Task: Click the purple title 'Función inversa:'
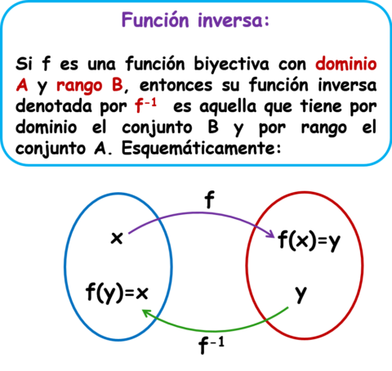tap(195, 20)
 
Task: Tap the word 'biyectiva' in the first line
tap(231, 65)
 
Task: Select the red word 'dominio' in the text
tap(346, 64)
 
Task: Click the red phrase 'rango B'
tap(90, 85)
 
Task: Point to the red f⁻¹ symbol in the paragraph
tap(146, 105)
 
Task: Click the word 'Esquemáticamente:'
tap(201, 149)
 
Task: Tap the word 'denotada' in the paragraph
tap(54, 106)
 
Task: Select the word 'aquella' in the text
tap(228, 107)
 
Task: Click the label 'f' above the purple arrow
tap(209, 199)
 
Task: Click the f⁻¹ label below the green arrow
tap(212, 345)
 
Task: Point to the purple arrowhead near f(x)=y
tap(270, 234)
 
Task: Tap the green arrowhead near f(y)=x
tap(146, 313)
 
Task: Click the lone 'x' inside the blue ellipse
tap(117, 238)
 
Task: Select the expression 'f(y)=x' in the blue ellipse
tap(117, 293)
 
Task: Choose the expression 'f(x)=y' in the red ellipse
tap(310, 241)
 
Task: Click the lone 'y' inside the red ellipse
tap(301, 294)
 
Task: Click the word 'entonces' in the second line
tap(176, 85)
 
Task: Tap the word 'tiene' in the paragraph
tap(321, 106)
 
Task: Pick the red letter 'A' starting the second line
tap(22, 85)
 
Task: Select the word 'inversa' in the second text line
tap(347, 85)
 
